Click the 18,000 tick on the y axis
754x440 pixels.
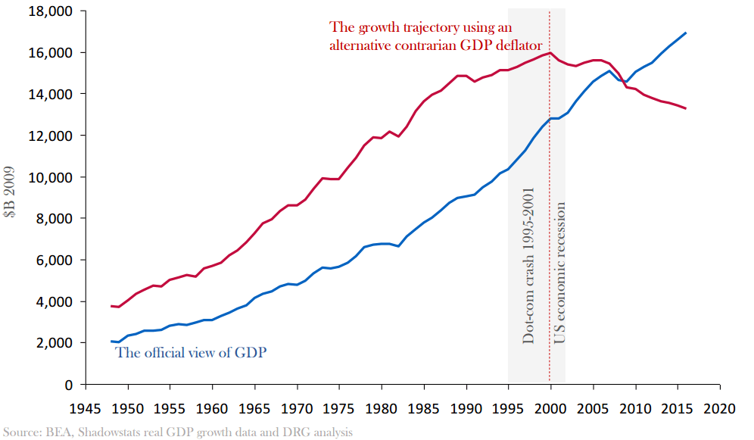[x=51, y=11]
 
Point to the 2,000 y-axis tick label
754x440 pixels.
[x=55, y=343]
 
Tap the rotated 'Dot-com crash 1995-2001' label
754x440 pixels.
[x=528, y=266]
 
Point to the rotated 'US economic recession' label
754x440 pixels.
[x=560, y=270]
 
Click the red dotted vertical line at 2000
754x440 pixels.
[x=550, y=227]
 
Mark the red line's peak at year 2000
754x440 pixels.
[x=550, y=53]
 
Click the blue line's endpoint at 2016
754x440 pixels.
[x=685, y=33]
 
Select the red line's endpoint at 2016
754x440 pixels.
[x=685, y=108]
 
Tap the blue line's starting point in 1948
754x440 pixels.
[x=111, y=342]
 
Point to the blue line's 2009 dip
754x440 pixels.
[x=626, y=82]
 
